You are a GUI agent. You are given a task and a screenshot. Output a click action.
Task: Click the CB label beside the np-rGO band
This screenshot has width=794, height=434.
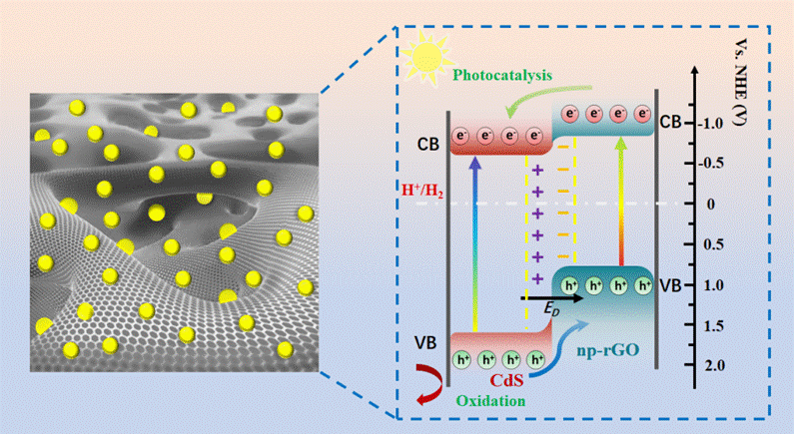(x=671, y=123)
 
